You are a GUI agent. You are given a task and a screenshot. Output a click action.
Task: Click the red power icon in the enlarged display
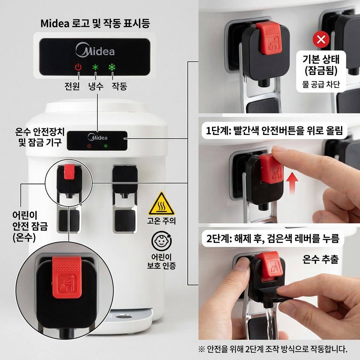click(78, 67)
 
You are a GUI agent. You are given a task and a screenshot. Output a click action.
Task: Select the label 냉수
click(96, 86)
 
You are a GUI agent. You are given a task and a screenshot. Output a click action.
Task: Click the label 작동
click(119, 86)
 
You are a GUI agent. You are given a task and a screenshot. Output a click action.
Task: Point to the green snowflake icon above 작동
click(112, 67)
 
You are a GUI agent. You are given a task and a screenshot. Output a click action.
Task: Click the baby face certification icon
click(161, 241)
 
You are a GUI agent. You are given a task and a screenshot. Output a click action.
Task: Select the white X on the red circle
click(321, 39)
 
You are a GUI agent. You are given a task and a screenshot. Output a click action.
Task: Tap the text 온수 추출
click(320, 259)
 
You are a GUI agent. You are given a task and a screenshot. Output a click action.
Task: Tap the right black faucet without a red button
click(124, 179)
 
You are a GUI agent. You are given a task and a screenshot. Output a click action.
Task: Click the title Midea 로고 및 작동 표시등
click(95, 24)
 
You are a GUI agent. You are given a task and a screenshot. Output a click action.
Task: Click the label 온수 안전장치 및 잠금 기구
click(40, 137)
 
